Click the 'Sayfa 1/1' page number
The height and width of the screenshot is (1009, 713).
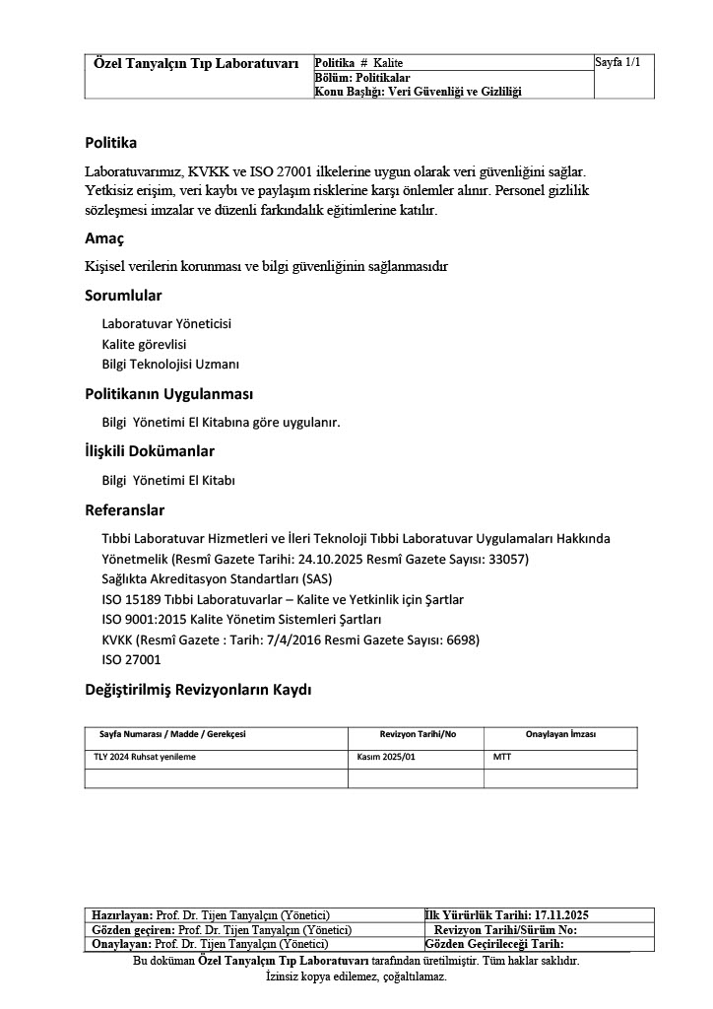point(617,62)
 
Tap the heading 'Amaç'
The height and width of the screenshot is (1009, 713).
point(104,238)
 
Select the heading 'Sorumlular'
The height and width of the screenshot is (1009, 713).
point(123,296)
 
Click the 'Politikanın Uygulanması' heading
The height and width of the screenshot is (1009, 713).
point(169,394)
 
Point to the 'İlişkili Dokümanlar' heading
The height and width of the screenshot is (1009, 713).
point(150,451)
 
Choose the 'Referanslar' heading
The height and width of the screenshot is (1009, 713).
point(125,510)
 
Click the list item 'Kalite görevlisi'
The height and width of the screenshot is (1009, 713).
point(144,345)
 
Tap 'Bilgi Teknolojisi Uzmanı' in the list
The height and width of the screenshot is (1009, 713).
point(170,365)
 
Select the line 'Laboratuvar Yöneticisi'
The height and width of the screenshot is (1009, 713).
point(166,324)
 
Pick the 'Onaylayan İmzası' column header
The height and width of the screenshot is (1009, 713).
point(560,735)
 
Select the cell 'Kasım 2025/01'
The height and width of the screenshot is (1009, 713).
point(387,758)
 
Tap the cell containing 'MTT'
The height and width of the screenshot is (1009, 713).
point(502,758)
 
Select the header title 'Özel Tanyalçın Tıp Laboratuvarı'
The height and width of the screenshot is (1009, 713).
point(195,63)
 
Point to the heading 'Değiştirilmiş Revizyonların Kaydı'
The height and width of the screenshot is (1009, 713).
point(198,690)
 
